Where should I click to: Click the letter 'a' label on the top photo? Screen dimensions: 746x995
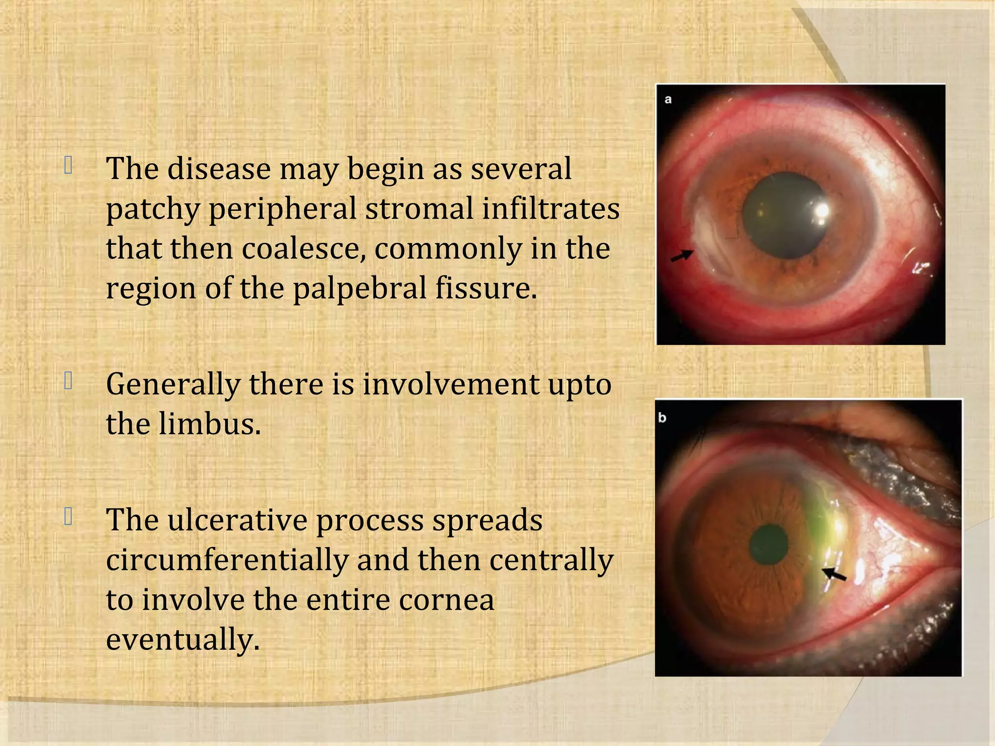(x=668, y=100)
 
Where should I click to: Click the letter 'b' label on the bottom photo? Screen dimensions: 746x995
(x=662, y=418)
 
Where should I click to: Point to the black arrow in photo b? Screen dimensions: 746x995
(x=834, y=574)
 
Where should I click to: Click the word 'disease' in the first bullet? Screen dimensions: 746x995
(x=219, y=169)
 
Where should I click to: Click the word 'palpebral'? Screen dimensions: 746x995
(x=360, y=288)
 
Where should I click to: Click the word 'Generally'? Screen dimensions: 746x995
(x=173, y=385)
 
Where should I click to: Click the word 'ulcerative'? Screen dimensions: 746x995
(x=237, y=520)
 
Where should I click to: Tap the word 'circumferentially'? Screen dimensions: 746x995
(x=227, y=560)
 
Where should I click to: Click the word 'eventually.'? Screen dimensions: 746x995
(x=183, y=640)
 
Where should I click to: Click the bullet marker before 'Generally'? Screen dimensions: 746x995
(x=69, y=382)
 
